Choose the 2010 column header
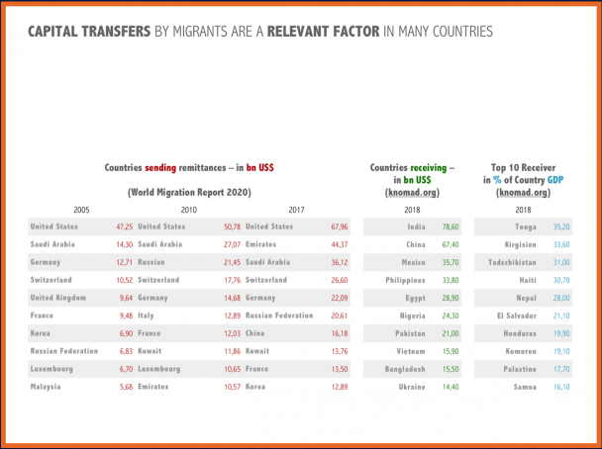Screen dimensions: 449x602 click(x=188, y=210)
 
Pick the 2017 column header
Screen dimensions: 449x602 click(x=296, y=210)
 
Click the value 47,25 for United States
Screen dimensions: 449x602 click(x=125, y=226)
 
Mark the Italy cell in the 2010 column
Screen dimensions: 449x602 click(x=148, y=315)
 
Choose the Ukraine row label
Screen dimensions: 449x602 click(x=411, y=386)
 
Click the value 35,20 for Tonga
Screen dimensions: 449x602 click(x=560, y=226)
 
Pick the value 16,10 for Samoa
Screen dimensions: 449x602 click(x=560, y=386)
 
